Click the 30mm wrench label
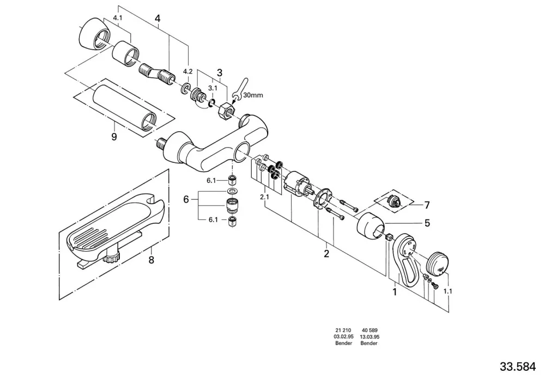coord(253,95)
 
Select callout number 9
coord(114,137)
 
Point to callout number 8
coord(151,260)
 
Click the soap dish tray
coord(114,229)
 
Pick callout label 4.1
coord(118,18)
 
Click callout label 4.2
coord(187,71)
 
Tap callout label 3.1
coord(213,88)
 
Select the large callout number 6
coord(186,200)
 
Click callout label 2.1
coord(264,197)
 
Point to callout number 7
coord(427,205)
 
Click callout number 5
coord(427,223)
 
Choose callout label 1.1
coord(447,292)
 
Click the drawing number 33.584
coord(518,366)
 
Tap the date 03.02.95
coord(344,337)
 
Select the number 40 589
coord(370,330)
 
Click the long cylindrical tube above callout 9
coord(125,108)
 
